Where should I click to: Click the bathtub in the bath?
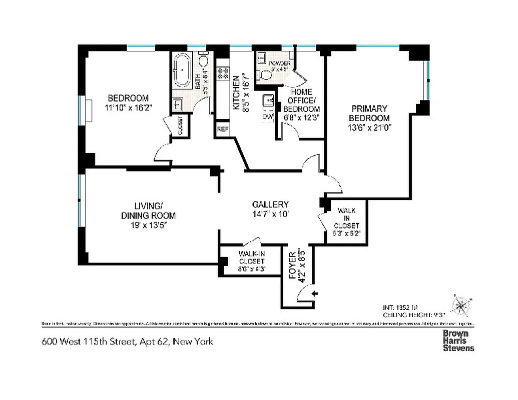(183, 70)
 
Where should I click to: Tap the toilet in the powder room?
(264, 75)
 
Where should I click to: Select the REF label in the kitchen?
(222, 129)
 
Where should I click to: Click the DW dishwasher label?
(268, 116)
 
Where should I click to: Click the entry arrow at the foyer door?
(314, 294)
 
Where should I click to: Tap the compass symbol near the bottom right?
(460, 304)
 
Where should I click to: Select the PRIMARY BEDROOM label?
(369, 113)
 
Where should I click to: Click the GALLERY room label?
(270, 204)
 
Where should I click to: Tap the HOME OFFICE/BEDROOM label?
(301, 100)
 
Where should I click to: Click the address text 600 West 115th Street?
(127, 342)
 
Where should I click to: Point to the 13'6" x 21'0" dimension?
(369, 127)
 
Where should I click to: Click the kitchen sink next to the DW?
(268, 99)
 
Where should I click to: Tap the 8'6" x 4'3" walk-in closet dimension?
(251, 268)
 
